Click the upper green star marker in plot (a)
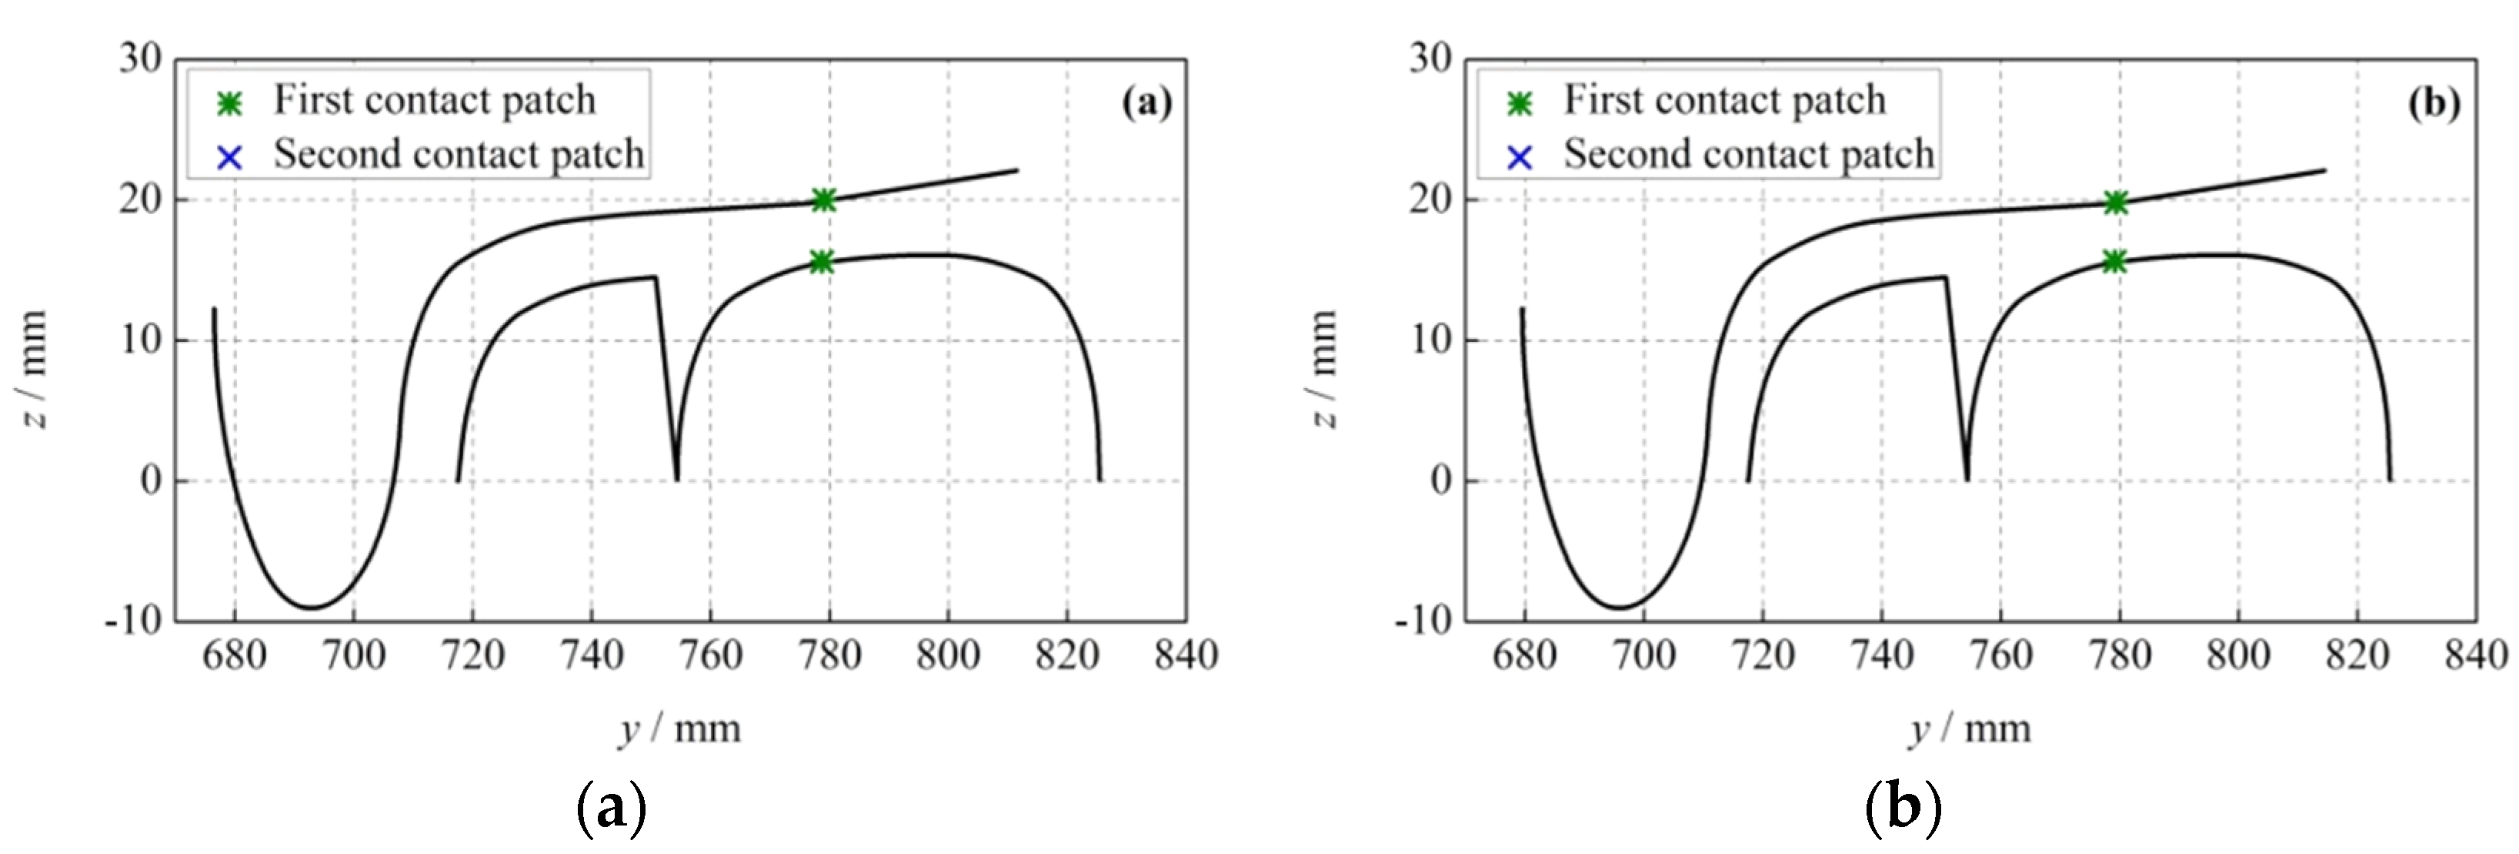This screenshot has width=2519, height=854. point(823,200)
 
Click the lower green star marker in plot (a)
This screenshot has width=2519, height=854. point(822,262)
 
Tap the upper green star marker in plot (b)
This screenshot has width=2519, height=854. point(2116,203)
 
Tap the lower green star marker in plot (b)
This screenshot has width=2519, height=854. point(2114,262)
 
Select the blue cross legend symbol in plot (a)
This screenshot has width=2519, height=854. point(230,156)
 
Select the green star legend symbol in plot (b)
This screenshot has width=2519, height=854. point(1520,102)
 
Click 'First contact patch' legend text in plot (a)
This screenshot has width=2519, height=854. point(434,100)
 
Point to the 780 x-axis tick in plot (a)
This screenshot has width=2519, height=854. point(829,655)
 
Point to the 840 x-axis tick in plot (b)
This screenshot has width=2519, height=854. point(2476,655)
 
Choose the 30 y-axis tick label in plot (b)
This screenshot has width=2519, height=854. point(1430,59)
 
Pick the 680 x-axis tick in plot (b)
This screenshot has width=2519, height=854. point(1523,655)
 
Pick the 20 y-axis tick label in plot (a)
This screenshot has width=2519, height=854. point(140,199)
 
